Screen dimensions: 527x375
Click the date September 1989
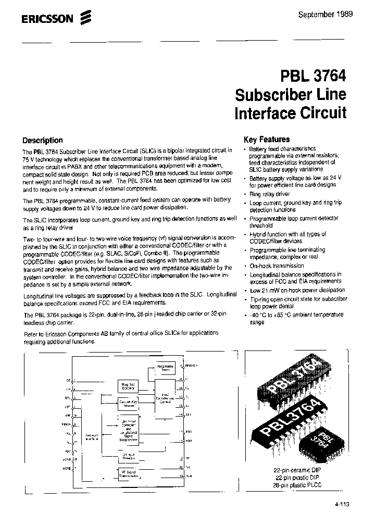(x=325, y=15)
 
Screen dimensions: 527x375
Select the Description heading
(x=43, y=140)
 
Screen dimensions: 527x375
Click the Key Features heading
(x=267, y=140)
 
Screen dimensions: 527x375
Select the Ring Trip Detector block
(x=128, y=386)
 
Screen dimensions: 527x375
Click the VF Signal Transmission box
(x=128, y=474)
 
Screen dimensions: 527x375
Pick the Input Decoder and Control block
(x=166, y=398)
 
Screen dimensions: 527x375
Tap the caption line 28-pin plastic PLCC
(x=298, y=484)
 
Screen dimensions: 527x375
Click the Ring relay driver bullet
(x=269, y=194)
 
